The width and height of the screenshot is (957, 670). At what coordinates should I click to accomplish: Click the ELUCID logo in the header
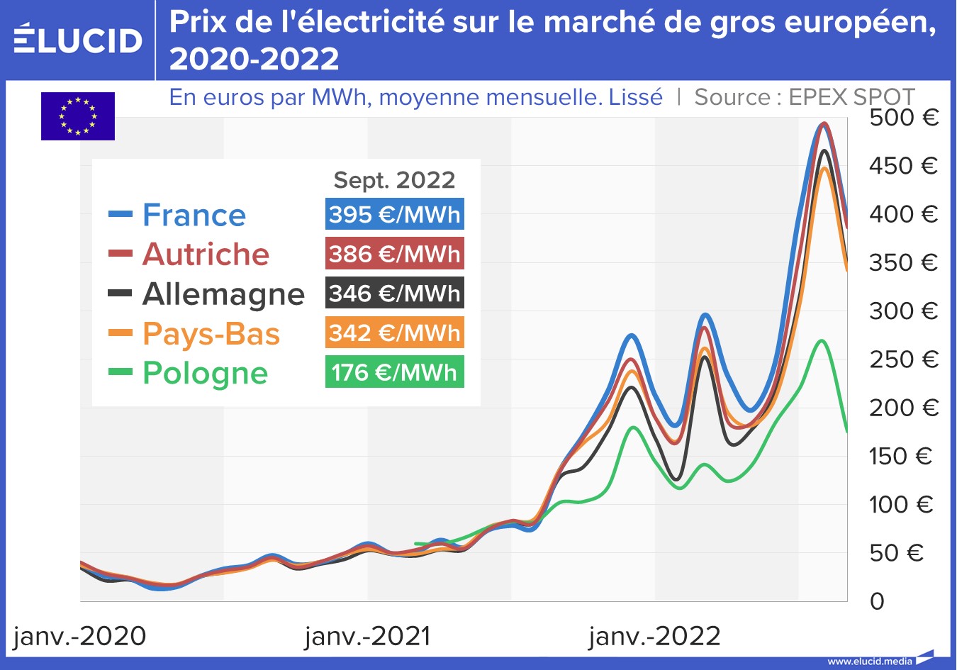[x=78, y=39]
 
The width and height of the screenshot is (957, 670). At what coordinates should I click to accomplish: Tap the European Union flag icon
[x=78, y=116]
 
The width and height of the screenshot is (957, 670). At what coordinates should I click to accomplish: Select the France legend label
[x=194, y=215]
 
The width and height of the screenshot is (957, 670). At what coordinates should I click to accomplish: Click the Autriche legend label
[x=206, y=254]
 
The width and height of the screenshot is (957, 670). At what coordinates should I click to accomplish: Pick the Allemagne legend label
[x=223, y=294]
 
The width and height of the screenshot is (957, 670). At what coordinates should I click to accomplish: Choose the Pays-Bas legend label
[x=211, y=333]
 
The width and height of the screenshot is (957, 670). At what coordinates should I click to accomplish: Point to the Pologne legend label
[x=205, y=373]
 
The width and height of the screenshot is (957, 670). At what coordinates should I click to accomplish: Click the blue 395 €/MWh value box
[x=395, y=214]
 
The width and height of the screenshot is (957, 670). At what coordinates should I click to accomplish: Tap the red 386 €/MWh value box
[x=395, y=254]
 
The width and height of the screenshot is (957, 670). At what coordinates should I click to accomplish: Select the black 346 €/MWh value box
[x=395, y=294]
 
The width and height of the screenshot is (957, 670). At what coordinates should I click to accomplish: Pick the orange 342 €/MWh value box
[x=395, y=333]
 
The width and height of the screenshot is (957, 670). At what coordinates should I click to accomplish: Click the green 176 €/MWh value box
[x=395, y=372]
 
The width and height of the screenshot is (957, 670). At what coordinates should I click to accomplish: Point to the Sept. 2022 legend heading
[x=394, y=180]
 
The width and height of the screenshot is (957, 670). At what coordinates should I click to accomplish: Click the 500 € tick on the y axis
[x=903, y=117]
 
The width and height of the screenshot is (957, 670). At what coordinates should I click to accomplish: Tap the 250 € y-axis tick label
[x=903, y=359]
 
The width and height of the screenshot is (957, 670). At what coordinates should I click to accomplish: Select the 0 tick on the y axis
[x=877, y=601]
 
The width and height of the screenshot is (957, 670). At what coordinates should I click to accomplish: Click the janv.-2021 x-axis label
[x=368, y=636]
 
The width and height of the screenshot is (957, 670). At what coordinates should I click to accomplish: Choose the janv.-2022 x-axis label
[x=654, y=636]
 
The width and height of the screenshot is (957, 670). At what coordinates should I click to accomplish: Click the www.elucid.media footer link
[x=870, y=661]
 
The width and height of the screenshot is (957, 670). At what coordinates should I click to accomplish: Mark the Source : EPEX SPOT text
[x=805, y=97]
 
